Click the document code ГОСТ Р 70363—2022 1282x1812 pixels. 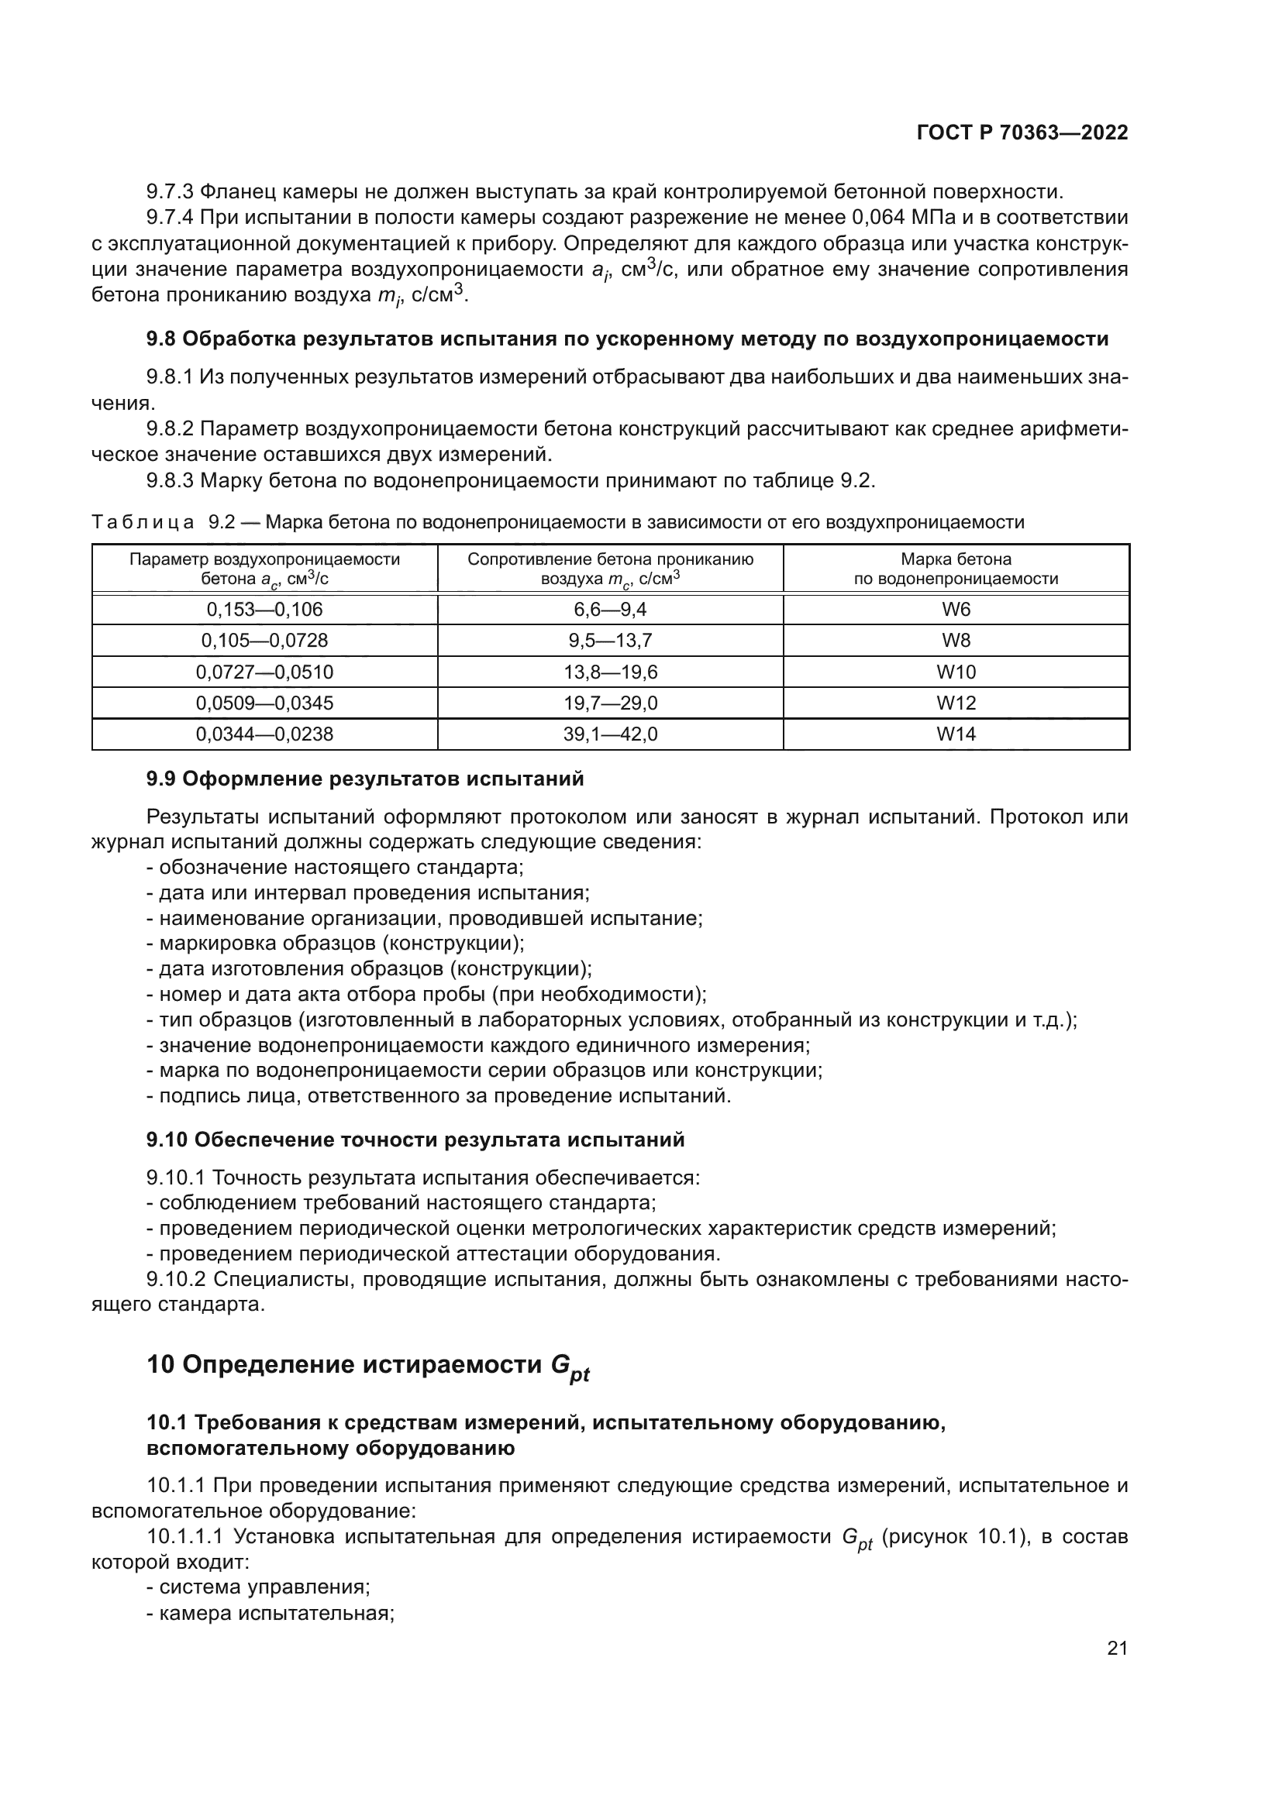(1022, 132)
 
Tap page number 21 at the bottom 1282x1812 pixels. (1117, 1648)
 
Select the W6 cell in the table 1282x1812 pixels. (956, 609)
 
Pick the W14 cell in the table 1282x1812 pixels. (956, 734)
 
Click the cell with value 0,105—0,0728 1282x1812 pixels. (264, 640)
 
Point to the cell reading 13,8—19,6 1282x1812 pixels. (610, 672)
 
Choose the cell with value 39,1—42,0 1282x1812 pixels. (610, 734)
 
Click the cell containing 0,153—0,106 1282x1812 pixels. (264, 609)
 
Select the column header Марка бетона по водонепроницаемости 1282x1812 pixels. (956, 568)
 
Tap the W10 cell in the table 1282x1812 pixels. (956, 672)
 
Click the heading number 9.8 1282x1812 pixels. (161, 339)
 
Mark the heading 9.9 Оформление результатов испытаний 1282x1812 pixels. (365, 779)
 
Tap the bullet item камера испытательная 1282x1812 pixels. (276, 1613)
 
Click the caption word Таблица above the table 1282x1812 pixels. (143, 521)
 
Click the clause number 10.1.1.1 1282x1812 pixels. (186, 1536)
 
